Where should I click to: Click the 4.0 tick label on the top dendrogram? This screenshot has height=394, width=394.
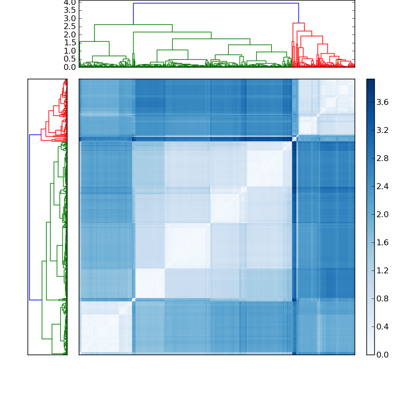[x=69, y=2]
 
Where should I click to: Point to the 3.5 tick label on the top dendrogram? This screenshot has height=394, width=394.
[x=69, y=10]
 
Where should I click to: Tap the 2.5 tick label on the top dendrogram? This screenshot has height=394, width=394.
[x=69, y=27]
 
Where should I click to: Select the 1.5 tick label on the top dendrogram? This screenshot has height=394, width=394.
[x=69, y=43]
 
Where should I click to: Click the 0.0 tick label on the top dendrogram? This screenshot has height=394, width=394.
[x=69, y=67]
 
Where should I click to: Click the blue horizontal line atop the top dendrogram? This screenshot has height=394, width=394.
[x=216, y=3]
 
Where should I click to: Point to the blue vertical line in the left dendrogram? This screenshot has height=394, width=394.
[x=30, y=217]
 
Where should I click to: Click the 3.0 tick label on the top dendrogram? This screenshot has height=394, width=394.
[x=69, y=19]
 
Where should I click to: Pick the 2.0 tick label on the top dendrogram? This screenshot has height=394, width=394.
[x=69, y=35]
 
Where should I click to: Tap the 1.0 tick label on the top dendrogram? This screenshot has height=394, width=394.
[x=69, y=51]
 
